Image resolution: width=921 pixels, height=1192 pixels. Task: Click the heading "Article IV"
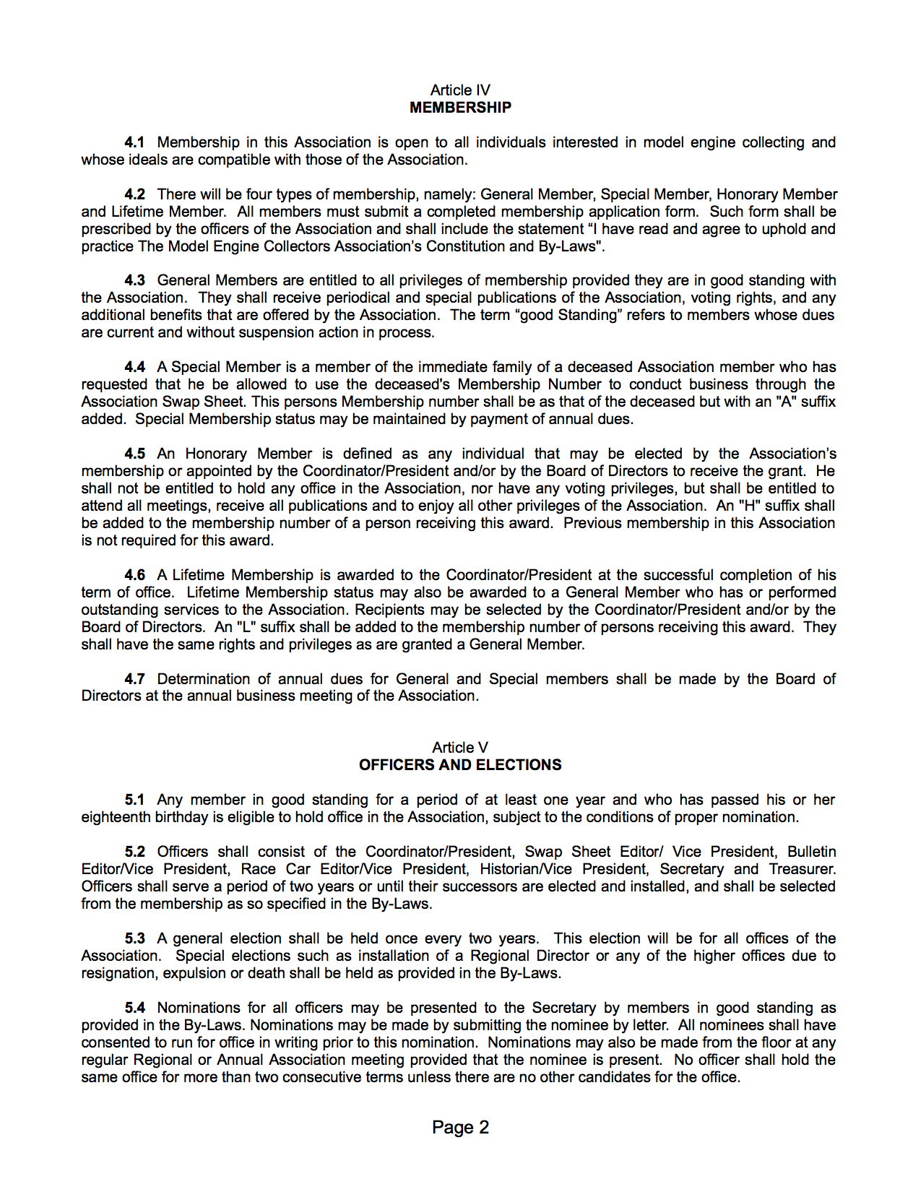point(460,90)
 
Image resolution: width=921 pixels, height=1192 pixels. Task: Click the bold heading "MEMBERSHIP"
point(460,108)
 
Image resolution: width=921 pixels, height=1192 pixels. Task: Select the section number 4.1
point(134,142)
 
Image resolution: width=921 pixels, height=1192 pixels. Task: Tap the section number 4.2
point(134,194)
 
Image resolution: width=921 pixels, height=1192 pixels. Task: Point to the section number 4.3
point(134,280)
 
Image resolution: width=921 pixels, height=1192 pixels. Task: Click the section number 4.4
point(134,367)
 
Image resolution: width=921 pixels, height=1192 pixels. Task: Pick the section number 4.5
point(134,454)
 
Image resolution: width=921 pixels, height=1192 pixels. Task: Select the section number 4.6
point(134,575)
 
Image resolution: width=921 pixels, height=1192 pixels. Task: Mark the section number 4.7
point(134,679)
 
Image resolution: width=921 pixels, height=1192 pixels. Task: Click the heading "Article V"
point(460,748)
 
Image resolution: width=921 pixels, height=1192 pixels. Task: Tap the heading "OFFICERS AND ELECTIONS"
point(460,765)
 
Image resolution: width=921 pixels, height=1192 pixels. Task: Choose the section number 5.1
point(134,800)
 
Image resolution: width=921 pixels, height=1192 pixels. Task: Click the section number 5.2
point(134,852)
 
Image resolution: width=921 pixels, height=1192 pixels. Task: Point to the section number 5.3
point(134,938)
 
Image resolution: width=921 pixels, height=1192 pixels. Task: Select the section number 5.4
point(134,1008)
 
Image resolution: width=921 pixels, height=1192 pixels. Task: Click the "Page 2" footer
point(460,1128)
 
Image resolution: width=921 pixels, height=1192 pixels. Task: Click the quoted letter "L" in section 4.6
point(247,627)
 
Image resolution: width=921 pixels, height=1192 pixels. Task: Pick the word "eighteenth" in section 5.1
point(116,817)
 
